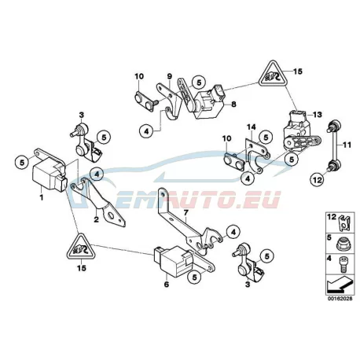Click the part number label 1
41,197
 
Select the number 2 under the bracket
97,219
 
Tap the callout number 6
167,284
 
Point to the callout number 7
186,212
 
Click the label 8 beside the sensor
233,104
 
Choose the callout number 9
170,76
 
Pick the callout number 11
347,145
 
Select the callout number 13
318,115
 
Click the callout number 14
251,127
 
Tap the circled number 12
318,180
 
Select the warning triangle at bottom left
81,247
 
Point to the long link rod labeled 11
333,144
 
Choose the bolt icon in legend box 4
342,263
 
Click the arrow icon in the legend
340,285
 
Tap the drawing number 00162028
340,299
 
